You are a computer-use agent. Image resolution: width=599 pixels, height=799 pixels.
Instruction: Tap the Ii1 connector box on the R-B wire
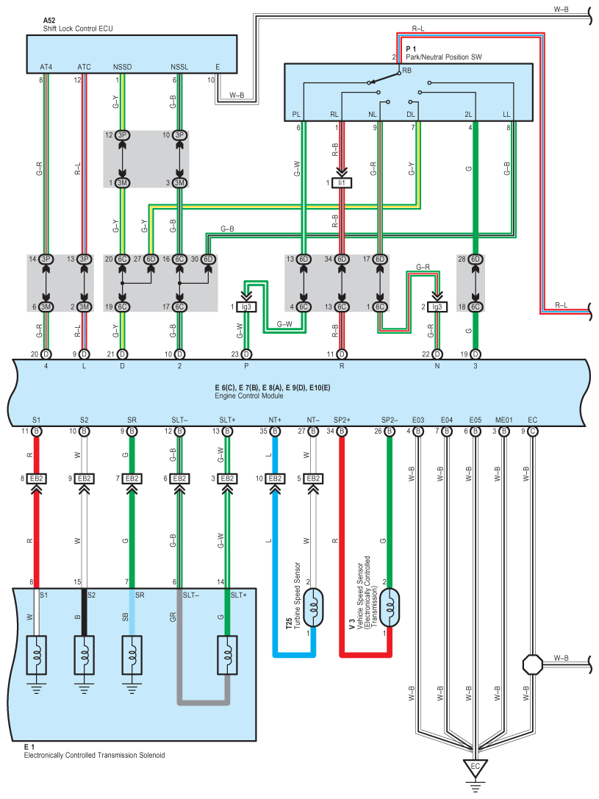(341, 182)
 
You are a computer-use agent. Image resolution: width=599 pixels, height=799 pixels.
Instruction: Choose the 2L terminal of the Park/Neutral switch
(468, 115)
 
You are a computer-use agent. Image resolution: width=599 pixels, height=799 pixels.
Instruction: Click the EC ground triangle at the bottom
(476, 767)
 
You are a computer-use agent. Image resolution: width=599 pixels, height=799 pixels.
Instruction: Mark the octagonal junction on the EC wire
(532, 664)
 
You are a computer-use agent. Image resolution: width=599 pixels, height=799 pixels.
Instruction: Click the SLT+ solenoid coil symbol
(227, 651)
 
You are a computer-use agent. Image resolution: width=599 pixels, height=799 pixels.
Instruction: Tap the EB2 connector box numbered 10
(275, 479)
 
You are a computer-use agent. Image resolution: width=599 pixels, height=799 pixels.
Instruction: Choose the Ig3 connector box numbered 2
(437, 307)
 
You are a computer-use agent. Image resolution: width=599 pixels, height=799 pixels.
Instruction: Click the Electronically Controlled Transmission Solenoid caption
(94, 755)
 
